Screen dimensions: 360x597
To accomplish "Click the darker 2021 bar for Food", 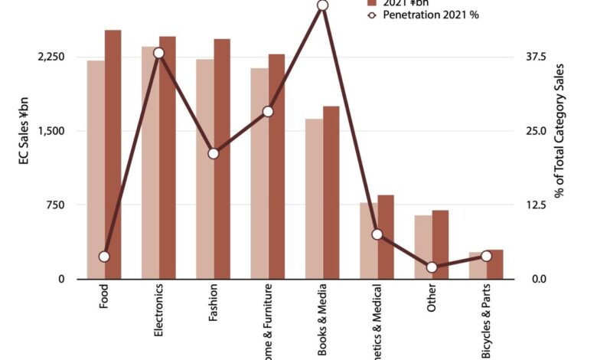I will [113, 153].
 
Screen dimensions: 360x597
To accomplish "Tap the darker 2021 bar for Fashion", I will [222, 158].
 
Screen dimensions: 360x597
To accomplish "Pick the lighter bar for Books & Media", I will [314, 198].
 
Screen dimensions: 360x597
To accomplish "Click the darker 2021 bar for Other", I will [440, 244].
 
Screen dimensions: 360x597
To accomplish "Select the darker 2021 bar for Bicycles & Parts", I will [494, 263].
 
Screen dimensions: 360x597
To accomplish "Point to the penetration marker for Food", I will [104, 256].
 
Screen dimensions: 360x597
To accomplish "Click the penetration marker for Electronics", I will [158, 53].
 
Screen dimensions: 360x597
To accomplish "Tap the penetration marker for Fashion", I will [214, 153].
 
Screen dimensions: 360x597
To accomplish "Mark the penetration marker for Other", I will [432, 267].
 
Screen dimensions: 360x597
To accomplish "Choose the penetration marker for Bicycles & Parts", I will [486, 256].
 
